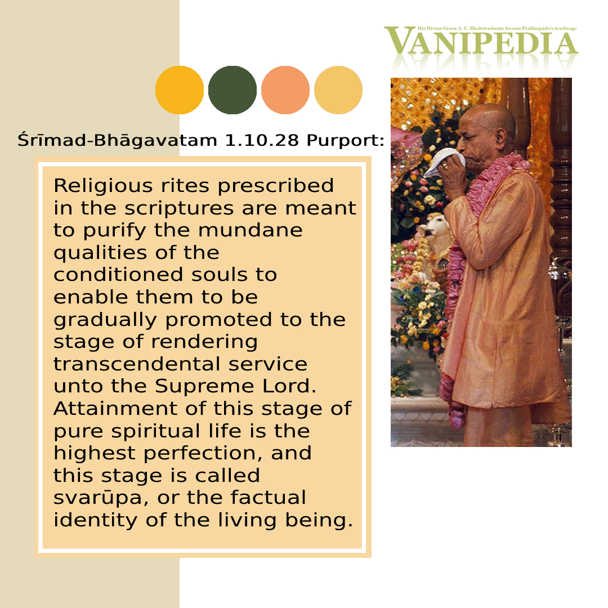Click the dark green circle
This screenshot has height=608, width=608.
[x=233, y=90]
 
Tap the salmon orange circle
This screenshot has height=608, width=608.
[x=285, y=90]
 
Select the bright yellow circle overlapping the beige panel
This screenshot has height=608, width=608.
[x=180, y=90]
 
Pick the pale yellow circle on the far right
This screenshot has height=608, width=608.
[x=338, y=90]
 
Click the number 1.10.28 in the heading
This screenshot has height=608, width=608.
[x=262, y=140]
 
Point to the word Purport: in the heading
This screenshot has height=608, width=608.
[x=345, y=141]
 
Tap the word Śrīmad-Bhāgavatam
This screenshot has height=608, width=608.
[x=117, y=140]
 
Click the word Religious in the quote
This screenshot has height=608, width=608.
[x=103, y=186]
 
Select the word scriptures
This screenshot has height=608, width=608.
[x=179, y=209]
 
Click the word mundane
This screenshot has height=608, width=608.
[x=250, y=230]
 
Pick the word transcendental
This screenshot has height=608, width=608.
[x=136, y=364]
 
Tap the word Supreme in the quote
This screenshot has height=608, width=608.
[x=204, y=387]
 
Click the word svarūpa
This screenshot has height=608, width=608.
[x=100, y=498]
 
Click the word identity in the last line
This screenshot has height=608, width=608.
[x=95, y=521]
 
